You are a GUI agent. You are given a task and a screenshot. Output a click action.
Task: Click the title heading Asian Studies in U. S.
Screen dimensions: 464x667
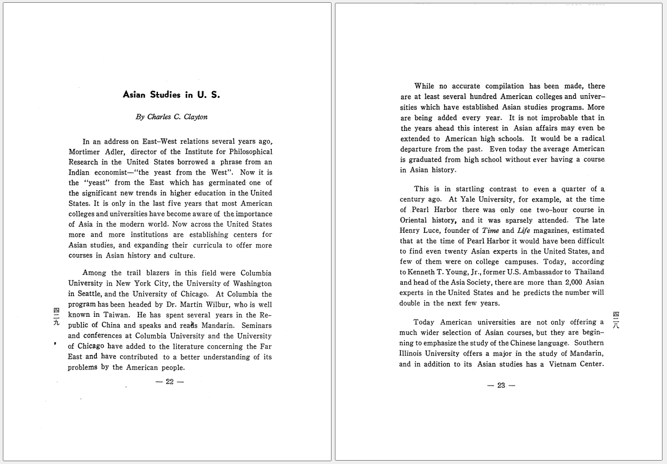coord(171,95)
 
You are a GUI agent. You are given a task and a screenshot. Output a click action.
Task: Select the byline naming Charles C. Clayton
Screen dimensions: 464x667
coord(171,117)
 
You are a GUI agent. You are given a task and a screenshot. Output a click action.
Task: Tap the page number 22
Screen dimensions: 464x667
coord(170,382)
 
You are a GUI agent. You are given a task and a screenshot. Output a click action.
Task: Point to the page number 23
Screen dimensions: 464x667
coord(501,385)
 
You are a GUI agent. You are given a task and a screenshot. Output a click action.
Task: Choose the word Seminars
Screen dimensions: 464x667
coord(256,325)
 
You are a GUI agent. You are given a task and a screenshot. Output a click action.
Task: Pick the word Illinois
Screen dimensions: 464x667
coord(413,354)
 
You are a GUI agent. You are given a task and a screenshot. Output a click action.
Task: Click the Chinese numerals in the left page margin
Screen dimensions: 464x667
coord(56,318)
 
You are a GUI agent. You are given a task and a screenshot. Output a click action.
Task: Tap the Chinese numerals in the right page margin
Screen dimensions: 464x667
coord(616,320)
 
